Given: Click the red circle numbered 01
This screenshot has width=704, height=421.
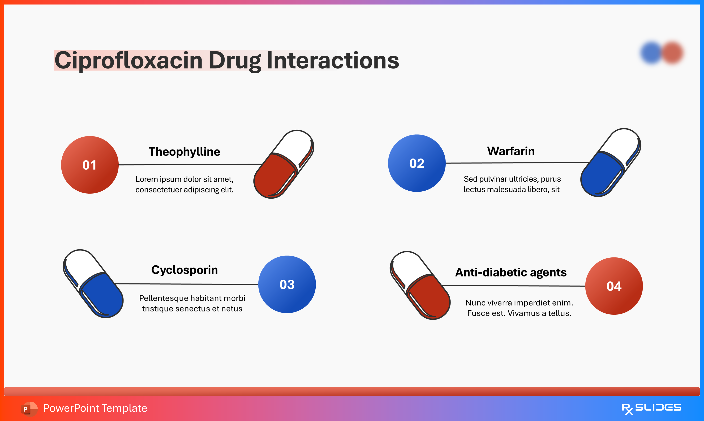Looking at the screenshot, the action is pos(90,165).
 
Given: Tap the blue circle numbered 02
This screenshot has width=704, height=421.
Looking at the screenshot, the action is pos(417,163).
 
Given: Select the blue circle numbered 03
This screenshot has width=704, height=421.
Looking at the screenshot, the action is pos(287,284).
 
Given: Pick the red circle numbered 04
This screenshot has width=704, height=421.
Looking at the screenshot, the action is pos(614,286).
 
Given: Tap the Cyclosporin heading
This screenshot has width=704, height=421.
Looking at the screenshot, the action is pos(184,270).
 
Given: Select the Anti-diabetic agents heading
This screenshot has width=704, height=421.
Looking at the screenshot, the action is pos(511,272).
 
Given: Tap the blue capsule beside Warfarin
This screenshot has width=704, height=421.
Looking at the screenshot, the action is pos(611,163).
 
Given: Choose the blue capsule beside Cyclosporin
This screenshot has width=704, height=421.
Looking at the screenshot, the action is pos(93,284).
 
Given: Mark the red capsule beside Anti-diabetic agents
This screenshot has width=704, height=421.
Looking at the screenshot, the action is pos(420,285).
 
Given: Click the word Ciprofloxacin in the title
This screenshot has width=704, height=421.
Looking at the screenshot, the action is pos(128,60).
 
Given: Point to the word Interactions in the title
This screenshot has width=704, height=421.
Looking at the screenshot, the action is pos(333,60).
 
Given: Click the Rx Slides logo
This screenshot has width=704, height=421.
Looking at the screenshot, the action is pos(651,408).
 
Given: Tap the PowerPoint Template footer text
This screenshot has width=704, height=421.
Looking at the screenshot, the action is pos(95,408).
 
